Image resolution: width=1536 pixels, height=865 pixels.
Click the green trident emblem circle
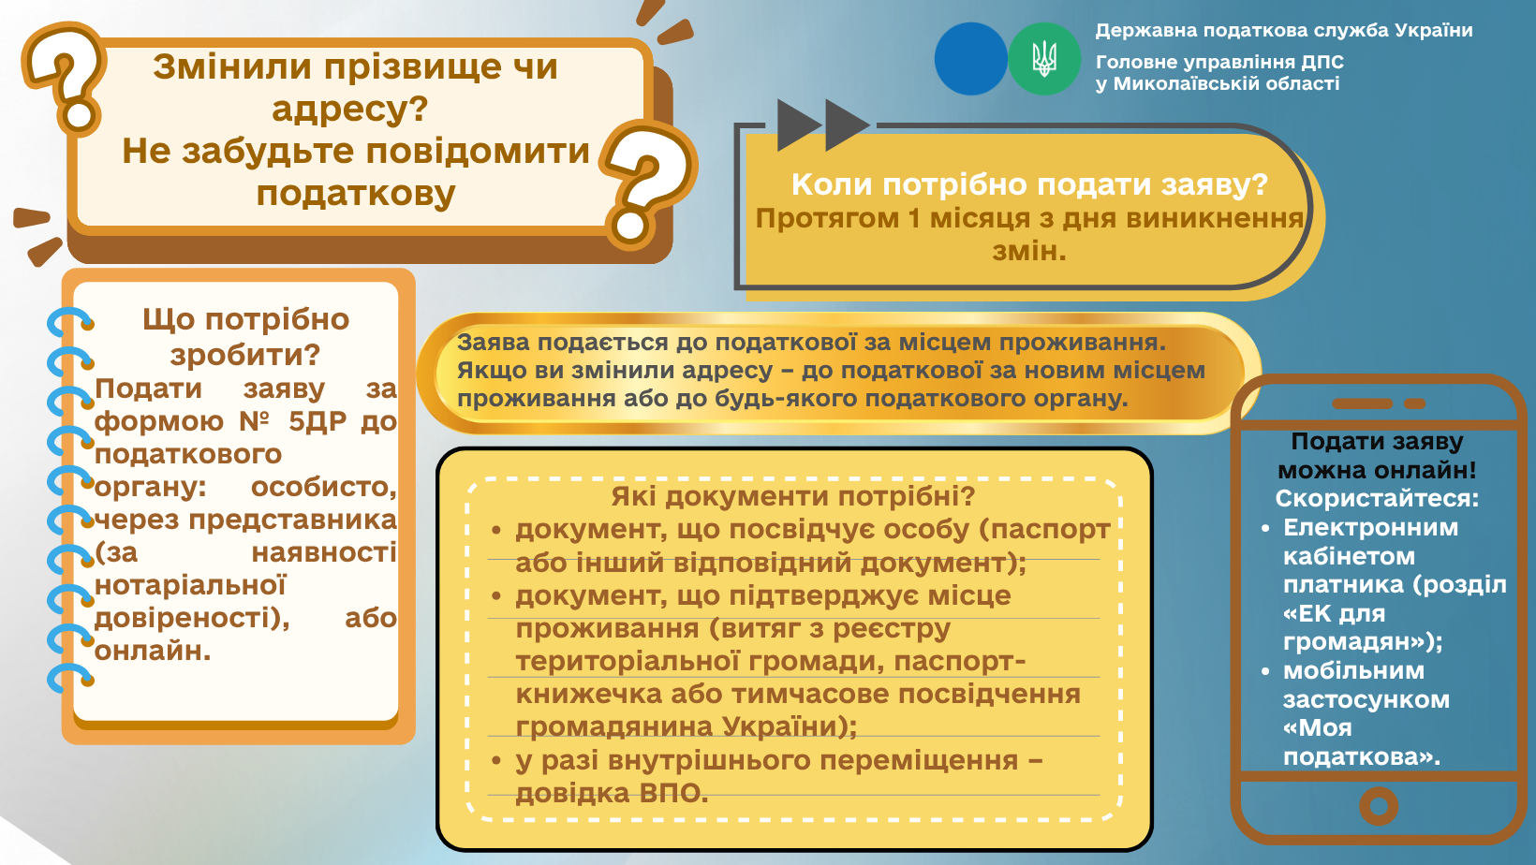point(1043,58)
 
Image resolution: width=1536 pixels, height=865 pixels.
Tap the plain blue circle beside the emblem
point(971,58)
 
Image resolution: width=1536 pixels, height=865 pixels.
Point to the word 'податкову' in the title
point(356,193)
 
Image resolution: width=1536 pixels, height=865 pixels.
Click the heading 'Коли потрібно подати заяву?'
point(1030,184)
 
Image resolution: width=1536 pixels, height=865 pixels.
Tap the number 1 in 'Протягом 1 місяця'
point(913,219)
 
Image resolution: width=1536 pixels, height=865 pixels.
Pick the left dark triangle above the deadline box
point(799,125)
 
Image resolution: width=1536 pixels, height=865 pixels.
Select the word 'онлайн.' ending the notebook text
point(153,651)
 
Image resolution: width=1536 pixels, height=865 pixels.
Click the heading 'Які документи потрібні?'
point(793,496)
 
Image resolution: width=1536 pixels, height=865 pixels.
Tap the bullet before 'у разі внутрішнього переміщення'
point(496,760)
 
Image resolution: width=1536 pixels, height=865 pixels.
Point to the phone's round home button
point(1379,806)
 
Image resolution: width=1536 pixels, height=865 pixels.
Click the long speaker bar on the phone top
point(1362,403)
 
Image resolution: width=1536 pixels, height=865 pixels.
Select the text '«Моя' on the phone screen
point(1317,728)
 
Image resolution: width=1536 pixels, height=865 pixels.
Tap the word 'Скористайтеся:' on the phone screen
point(1377,498)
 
